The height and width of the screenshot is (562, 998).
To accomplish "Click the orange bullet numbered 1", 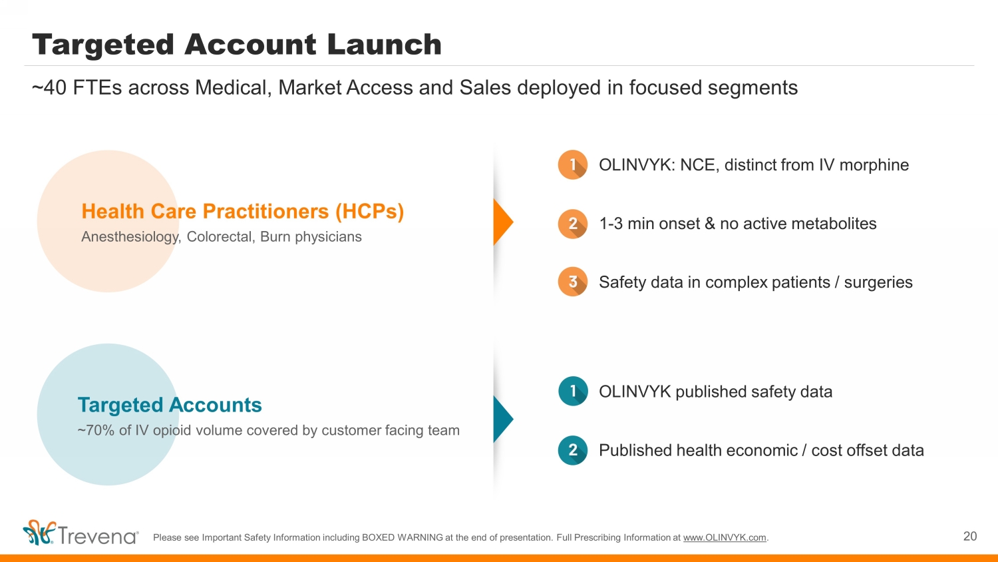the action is [x=572, y=164].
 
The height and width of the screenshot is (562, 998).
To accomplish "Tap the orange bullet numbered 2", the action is [x=572, y=224].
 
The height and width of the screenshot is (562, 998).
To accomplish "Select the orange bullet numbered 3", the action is [x=572, y=282].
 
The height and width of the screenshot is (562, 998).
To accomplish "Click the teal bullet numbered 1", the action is [x=572, y=391].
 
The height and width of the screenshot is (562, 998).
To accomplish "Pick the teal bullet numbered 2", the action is [x=572, y=450].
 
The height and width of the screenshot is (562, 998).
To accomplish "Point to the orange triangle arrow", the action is [x=502, y=222].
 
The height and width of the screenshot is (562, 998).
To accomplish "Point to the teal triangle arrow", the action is [x=502, y=419].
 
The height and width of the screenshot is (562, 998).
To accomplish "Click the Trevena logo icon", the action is [x=39, y=533].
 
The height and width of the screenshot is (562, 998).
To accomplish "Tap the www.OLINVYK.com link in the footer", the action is [x=725, y=537].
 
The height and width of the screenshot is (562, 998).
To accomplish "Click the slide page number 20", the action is [x=970, y=536].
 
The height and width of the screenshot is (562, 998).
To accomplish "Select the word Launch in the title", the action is [x=384, y=45].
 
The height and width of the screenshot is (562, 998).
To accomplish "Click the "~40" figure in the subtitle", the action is [x=49, y=88].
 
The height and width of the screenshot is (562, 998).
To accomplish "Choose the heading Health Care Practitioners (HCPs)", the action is [x=243, y=212].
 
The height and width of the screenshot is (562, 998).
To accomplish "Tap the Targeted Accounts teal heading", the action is [x=170, y=405].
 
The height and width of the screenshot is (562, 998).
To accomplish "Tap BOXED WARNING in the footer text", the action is [x=403, y=537].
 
